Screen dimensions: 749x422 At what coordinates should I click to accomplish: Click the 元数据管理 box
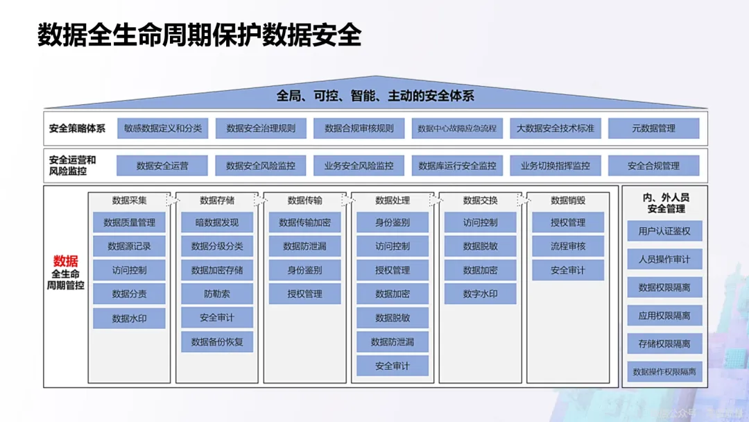pyautogui.click(x=653, y=128)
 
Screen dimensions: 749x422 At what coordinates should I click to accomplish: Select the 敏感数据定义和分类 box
pyautogui.click(x=163, y=128)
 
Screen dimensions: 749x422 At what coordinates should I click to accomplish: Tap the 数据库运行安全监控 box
pyautogui.click(x=457, y=166)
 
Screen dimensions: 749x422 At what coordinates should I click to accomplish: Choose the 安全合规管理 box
pyautogui.click(x=653, y=166)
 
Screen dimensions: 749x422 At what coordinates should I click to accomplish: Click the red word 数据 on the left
pyautogui.click(x=66, y=261)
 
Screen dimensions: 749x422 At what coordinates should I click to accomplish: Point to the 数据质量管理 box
pyautogui.click(x=129, y=223)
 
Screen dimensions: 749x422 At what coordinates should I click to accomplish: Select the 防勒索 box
pyautogui.click(x=217, y=294)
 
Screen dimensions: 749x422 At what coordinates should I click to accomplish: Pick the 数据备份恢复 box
pyautogui.click(x=217, y=341)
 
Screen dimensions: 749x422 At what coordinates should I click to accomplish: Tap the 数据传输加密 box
pyautogui.click(x=304, y=223)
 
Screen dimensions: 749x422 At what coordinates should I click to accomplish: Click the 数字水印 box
pyautogui.click(x=480, y=294)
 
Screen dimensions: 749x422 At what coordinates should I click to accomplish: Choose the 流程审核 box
pyautogui.click(x=568, y=246)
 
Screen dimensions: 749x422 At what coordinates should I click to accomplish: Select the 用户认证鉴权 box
pyautogui.click(x=664, y=231)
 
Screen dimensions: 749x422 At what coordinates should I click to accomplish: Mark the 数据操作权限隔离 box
pyautogui.click(x=664, y=372)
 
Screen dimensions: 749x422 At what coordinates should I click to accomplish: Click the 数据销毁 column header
pyautogui.click(x=568, y=201)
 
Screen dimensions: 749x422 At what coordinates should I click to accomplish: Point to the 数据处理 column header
pyautogui.click(x=393, y=201)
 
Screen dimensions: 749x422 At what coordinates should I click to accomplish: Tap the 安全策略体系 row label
pyautogui.click(x=77, y=128)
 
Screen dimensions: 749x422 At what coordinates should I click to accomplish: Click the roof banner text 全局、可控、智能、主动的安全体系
pyautogui.click(x=375, y=96)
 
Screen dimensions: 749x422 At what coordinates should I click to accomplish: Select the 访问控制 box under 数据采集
pyautogui.click(x=129, y=270)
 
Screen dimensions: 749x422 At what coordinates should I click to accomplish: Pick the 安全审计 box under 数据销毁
pyautogui.click(x=568, y=270)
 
